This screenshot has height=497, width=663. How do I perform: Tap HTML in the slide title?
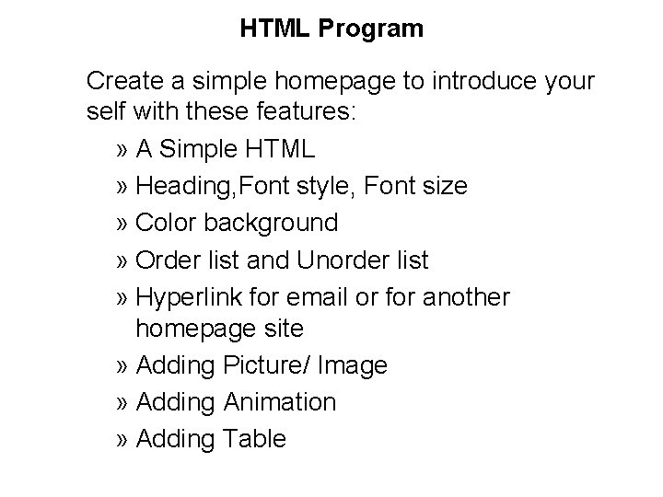point(276,29)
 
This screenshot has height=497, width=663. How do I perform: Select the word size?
point(445,187)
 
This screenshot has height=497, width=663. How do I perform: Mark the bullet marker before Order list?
point(124,260)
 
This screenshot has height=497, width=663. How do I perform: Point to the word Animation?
point(279,402)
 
